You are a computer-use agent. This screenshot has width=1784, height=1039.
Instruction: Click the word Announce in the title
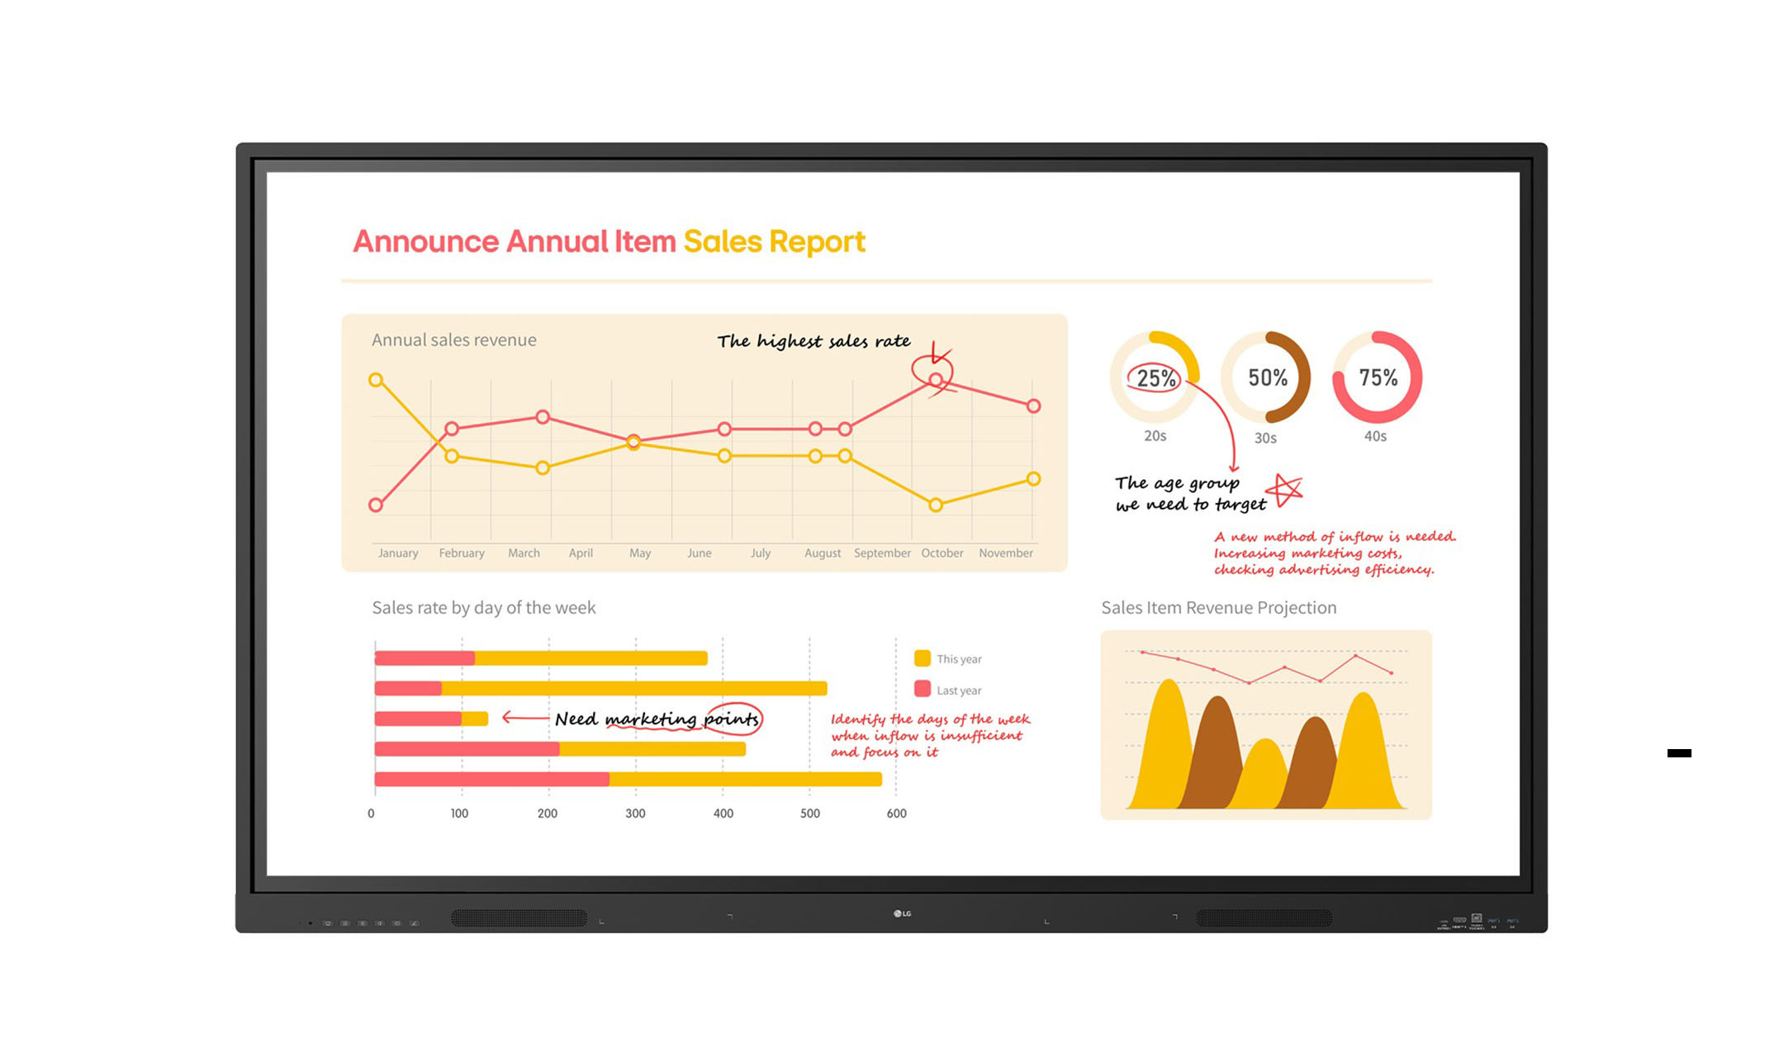(426, 241)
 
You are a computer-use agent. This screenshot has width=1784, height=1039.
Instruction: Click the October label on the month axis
(942, 553)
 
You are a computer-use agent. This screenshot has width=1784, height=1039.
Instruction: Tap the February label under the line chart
(461, 553)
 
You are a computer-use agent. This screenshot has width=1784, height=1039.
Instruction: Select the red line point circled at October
(935, 380)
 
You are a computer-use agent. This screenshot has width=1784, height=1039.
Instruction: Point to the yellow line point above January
(376, 380)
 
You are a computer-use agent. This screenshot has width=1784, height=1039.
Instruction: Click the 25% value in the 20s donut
(1155, 378)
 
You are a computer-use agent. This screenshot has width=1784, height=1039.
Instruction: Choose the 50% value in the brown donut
(1267, 378)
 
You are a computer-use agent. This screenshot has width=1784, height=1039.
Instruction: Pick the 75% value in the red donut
(1378, 378)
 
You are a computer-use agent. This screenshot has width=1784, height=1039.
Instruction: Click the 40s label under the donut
(1375, 436)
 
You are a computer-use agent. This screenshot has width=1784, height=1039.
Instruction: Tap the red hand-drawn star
(1285, 490)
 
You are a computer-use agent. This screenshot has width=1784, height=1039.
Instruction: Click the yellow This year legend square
(923, 658)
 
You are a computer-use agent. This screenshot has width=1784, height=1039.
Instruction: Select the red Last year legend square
(923, 689)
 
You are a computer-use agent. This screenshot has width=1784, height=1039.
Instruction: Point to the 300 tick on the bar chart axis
(635, 814)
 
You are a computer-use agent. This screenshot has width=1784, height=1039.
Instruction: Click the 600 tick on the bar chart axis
(896, 814)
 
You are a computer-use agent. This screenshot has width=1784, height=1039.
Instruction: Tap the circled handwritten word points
(732, 719)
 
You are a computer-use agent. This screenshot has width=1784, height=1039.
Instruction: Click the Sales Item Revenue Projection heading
(1218, 608)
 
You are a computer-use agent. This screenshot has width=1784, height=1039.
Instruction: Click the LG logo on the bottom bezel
(902, 913)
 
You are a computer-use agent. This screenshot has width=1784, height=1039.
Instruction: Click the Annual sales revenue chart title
(453, 340)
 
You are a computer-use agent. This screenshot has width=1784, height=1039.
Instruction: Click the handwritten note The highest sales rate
(814, 341)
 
